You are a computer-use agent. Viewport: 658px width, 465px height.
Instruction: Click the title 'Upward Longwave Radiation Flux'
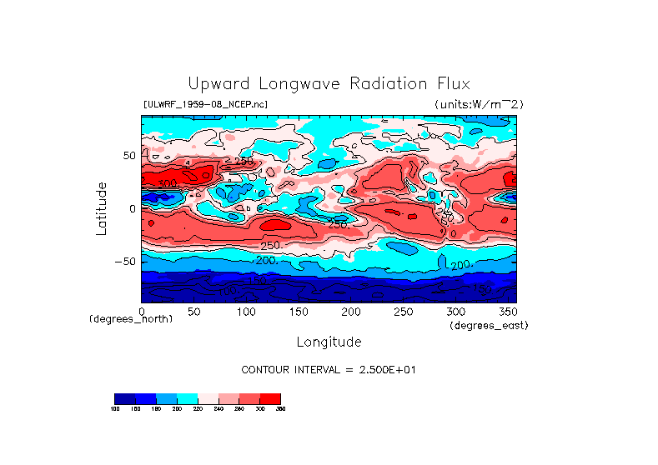point(329,84)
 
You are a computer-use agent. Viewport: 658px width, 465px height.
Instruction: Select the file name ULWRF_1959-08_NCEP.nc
point(205,104)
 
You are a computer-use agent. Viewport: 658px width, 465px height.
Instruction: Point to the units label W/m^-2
point(479,104)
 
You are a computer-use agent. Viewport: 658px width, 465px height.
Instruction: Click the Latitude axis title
point(102,207)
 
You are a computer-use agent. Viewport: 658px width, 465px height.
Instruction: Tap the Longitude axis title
point(329,342)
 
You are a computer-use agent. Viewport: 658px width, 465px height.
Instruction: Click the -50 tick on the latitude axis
point(125,261)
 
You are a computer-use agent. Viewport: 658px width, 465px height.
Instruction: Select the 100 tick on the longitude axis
point(246,311)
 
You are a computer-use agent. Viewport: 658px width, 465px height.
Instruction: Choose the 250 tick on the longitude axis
point(404,311)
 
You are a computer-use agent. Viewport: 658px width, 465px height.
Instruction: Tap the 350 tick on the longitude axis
point(508,311)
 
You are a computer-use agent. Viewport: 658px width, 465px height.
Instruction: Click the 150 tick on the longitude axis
point(299,311)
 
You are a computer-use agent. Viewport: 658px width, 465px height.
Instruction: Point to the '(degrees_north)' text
point(131,319)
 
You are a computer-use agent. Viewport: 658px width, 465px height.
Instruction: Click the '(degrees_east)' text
point(488,325)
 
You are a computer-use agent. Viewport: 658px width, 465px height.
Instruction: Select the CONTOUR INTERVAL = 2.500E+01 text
point(328,369)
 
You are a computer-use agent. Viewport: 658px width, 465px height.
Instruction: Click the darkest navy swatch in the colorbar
point(124,397)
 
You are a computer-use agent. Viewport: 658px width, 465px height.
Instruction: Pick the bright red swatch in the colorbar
point(270,397)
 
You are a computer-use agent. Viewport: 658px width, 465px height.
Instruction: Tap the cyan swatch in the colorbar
point(187,397)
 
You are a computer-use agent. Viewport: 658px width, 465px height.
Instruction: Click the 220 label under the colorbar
point(197,409)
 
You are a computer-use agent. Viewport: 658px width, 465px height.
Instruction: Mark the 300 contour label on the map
point(168,183)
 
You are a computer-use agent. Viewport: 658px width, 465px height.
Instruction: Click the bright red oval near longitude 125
point(274,223)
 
